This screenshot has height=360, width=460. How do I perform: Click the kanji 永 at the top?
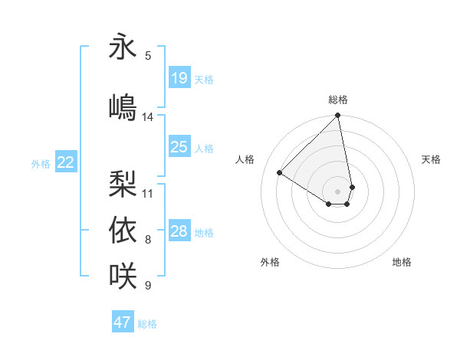pos(123,47)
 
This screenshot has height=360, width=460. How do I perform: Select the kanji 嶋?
pos(123,106)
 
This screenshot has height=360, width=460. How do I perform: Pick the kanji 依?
pos(123,229)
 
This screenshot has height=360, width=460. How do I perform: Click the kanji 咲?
pos(123,274)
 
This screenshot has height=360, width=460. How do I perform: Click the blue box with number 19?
pos(179,78)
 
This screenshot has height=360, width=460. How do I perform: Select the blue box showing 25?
pos(179,147)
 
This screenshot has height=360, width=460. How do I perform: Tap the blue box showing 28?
pos(179,231)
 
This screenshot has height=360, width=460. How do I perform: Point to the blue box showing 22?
pos(66,162)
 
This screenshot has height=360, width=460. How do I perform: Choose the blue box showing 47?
pos(123,322)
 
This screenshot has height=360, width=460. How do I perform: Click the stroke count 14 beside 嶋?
pos(148,117)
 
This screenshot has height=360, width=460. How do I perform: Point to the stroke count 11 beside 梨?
pos(148,193)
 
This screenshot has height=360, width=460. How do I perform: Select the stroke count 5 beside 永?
pos(148,56)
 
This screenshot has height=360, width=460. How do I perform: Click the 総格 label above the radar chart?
pos(338,100)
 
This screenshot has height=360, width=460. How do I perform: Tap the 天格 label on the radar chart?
pos(431,159)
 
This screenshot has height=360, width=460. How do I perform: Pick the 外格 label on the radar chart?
pos(270,262)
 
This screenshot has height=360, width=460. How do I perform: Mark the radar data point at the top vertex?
pos(337,116)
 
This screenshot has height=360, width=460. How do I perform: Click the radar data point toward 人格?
pos(280,173)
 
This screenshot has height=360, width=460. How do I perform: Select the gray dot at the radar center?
pos(337,191)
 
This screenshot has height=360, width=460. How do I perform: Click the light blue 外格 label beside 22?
pos(41,163)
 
